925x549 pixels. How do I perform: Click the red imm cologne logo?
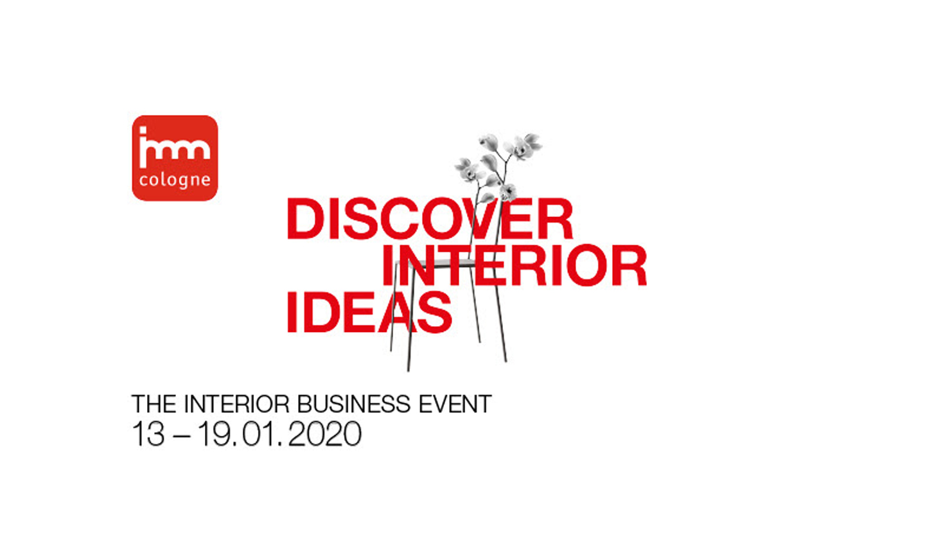click(x=175, y=158)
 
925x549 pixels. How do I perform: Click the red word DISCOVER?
click(x=430, y=218)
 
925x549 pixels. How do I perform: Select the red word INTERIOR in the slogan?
click(x=515, y=265)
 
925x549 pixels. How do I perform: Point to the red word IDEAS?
click(x=369, y=312)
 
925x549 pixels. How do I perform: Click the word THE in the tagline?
click(x=154, y=404)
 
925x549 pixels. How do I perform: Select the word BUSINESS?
click(x=354, y=404)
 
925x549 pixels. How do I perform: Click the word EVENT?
click(x=455, y=404)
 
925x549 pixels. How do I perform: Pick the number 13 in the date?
click(x=148, y=434)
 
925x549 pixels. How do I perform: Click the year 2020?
click(x=324, y=434)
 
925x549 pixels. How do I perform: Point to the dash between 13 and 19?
click(x=182, y=436)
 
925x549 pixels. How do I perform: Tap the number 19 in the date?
click(x=215, y=434)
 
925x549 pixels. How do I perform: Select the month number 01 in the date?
click(x=257, y=434)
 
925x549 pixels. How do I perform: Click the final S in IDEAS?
click(x=435, y=312)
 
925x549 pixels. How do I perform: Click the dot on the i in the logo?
click(x=143, y=130)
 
